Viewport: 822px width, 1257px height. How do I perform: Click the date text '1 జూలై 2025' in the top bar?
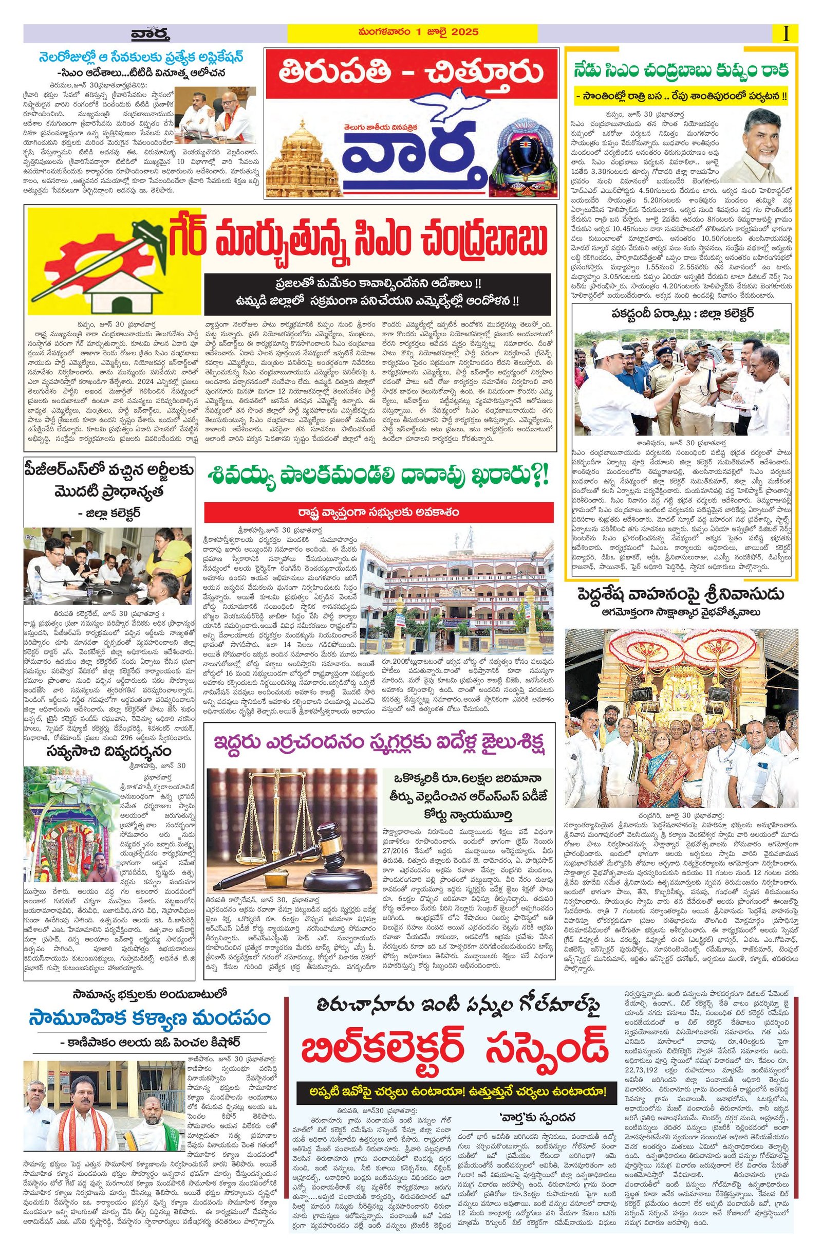tap(453, 32)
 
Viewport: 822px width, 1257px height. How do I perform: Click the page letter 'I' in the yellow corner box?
tap(787, 33)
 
